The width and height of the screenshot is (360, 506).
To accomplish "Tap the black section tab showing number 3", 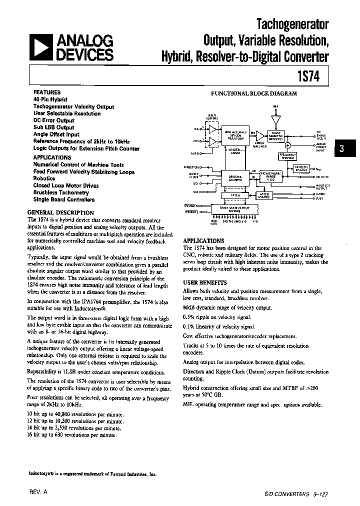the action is [x=341, y=148].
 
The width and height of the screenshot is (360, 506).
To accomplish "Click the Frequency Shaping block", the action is [x=287, y=155].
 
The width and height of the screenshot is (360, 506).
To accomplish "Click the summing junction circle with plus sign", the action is [x=287, y=146].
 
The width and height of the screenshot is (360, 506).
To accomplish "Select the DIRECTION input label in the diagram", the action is [x=192, y=167].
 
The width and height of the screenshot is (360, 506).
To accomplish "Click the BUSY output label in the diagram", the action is [x=320, y=198].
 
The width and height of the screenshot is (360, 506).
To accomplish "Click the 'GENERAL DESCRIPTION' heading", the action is [x=60, y=212].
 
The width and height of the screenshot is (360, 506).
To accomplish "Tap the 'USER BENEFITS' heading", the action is [x=205, y=282].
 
